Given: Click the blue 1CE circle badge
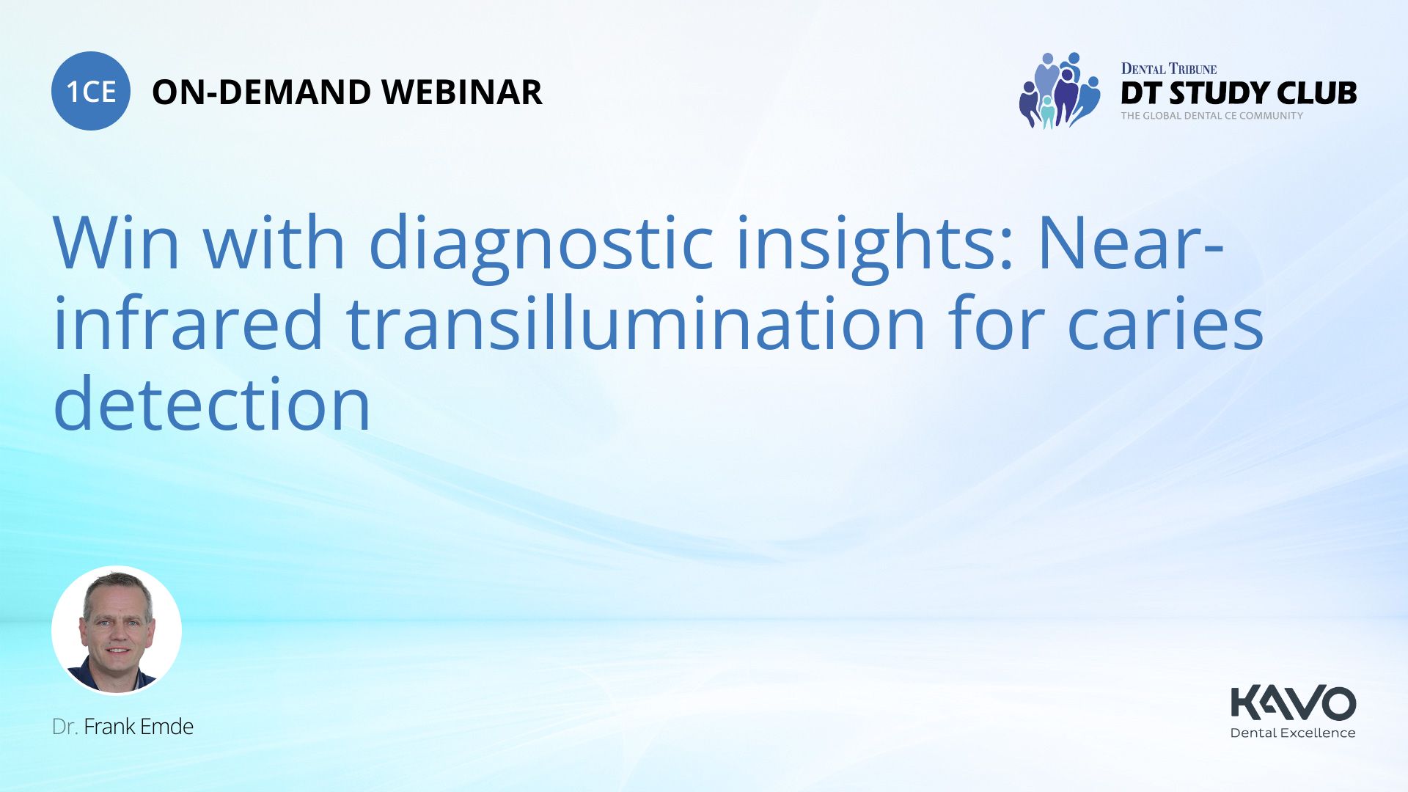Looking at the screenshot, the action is (x=91, y=91).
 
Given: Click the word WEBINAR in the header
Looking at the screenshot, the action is (x=462, y=92).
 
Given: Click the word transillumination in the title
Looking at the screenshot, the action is (x=636, y=323).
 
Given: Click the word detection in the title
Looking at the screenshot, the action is (x=213, y=403).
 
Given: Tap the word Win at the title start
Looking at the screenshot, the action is (x=117, y=243).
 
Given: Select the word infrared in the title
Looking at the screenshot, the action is (x=188, y=323).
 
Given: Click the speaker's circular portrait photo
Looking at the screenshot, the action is (x=117, y=630).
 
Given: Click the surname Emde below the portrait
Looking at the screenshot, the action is (x=166, y=727).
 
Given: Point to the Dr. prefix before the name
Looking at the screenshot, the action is (x=65, y=727).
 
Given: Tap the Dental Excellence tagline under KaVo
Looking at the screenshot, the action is (x=1293, y=733).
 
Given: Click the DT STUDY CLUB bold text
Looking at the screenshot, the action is (x=1239, y=93).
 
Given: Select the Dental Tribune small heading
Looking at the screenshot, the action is (x=1169, y=69).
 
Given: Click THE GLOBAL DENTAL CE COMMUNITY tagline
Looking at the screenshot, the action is (x=1212, y=116).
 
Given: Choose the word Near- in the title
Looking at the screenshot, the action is (x=1132, y=243).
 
